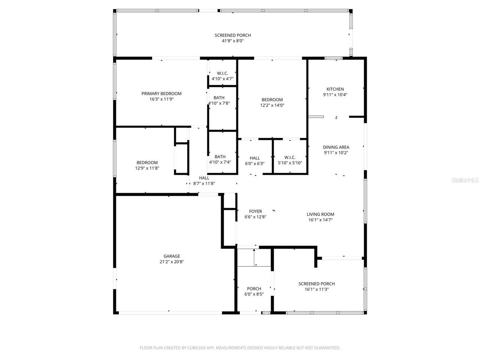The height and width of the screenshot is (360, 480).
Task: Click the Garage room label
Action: pos(171,256)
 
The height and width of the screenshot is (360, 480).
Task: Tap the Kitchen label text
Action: pos(335,89)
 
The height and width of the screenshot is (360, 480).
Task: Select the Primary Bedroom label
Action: pos(161,94)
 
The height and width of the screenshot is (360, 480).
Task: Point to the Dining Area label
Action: pos(336,147)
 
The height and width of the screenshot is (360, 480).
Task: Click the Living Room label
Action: pos(320,214)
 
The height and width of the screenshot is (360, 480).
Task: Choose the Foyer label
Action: pos(255,211)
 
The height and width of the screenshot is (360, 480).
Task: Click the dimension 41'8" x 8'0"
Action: pos(232,41)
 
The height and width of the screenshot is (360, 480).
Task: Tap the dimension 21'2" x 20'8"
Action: pos(171,262)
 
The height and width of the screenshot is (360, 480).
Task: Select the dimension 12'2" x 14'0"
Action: pos(272,105)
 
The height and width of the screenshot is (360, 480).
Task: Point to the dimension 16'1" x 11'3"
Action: pos(316,289)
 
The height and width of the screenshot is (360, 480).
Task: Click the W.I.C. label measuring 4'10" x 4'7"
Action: pos(222,73)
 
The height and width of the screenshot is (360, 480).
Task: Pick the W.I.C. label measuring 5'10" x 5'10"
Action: pos(290,157)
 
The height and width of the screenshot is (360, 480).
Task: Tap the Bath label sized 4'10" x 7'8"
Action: pos(219,98)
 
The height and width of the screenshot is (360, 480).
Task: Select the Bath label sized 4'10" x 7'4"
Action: pos(220,157)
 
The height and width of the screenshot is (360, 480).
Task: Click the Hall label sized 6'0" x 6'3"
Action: pos(255,158)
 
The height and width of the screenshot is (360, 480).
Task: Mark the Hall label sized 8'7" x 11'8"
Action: pos(204,178)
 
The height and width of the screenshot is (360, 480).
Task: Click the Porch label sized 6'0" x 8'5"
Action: pos(254,289)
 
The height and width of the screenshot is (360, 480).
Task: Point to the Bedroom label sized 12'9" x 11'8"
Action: pos(147,163)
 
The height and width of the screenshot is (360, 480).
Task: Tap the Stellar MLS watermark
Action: pos(465,180)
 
